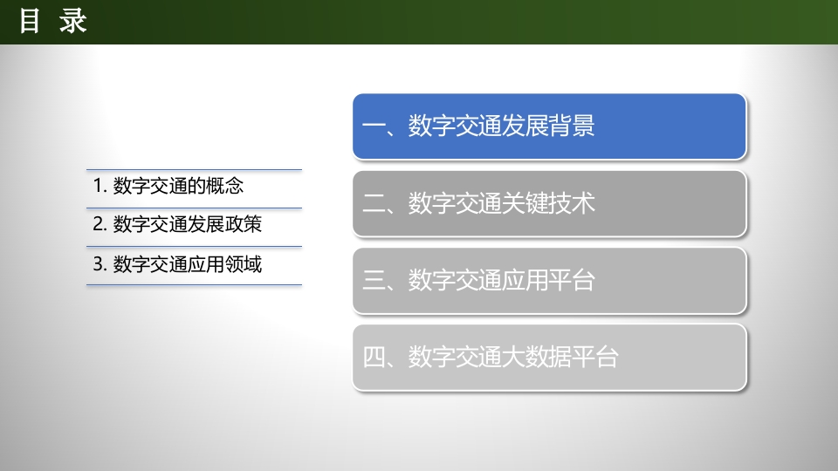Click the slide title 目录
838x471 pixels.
[53, 21]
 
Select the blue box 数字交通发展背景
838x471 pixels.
[549, 126]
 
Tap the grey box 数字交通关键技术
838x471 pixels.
[549, 203]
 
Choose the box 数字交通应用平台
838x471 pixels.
[549, 280]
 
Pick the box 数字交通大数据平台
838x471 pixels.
[549, 358]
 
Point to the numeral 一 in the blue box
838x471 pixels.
[374, 126]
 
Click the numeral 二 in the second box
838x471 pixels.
[374, 203]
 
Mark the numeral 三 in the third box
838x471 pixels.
[374, 280]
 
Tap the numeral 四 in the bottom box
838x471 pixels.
[374, 358]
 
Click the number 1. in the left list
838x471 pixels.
[100, 186]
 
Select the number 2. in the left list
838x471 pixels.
[100, 224]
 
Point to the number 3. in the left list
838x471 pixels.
[100, 264]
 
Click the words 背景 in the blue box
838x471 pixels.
[571, 126]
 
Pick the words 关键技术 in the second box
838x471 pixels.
[548, 203]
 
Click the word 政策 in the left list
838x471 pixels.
[244, 224]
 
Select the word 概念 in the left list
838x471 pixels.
[225, 186]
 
